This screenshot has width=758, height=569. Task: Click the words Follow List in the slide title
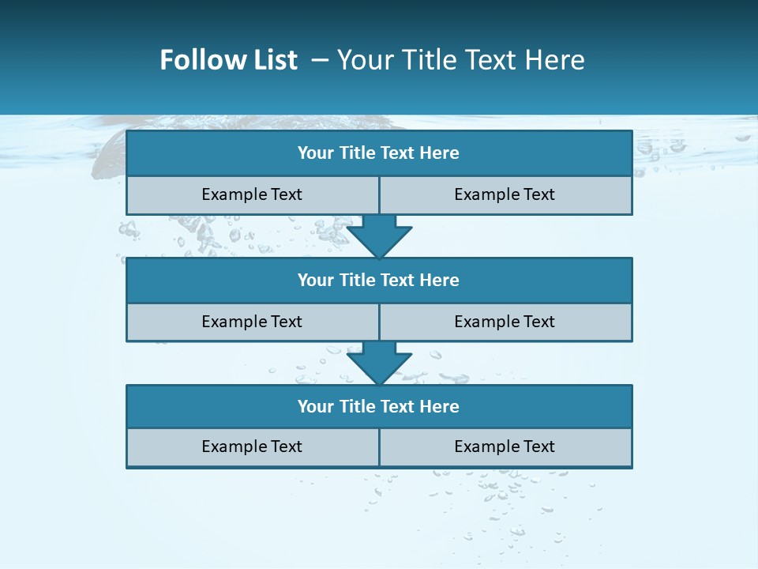pyautogui.click(x=229, y=60)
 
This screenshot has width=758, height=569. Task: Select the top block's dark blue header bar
pyautogui.click(x=379, y=153)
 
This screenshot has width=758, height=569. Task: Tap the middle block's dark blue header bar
pyautogui.click(x=379, y=281)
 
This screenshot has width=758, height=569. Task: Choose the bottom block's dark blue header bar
pyautogui.click(x=379, y=407)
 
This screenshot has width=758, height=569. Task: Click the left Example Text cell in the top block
pyautogui.click(x=253, y=195)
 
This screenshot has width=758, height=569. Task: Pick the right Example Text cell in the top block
pyautogui.click(x=505, y=195)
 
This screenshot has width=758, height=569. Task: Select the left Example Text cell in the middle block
pyautogui.click(x=253, y=322)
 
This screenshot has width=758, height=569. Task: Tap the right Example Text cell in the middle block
pyautogui.click(x=505, y=322)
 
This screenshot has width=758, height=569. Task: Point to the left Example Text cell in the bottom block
pyautogui.click(x=253, y=447)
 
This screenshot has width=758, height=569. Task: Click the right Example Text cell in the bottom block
pyautogui.click(x=505, y=447)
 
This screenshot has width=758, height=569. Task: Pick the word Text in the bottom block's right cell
pyautogui.click(x=538, y=447)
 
